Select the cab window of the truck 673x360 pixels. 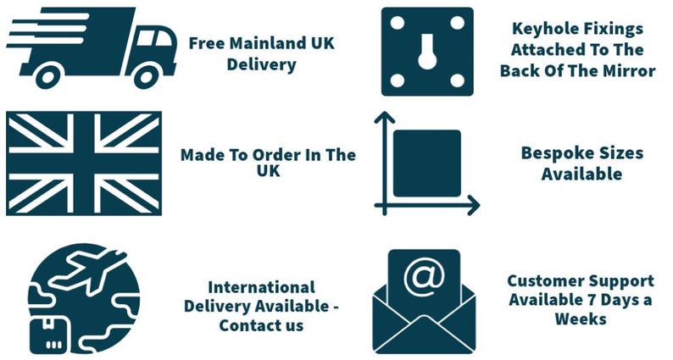pos(154,38)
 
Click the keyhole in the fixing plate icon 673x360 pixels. pos(427,52)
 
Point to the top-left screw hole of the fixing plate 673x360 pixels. pos(398,23)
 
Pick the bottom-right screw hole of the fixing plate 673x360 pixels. pos(458,80)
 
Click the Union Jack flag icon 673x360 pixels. pos(84,163)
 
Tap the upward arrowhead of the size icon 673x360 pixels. pos(385,118)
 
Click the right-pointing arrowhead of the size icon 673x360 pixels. pos(474,205)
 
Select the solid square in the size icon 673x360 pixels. pos(427,163)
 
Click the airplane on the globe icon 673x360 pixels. pos(88,270)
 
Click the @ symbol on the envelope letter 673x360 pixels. pos(425,277)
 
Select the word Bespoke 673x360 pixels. pos(552,153)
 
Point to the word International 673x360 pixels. pos(261,287)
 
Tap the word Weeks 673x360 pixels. pos(581,318)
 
